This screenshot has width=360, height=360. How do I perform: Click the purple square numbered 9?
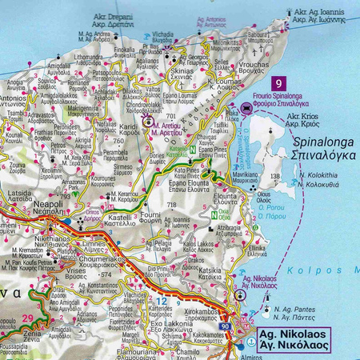click(x=278, y=83)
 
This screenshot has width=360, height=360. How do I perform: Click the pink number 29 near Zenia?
click(x=29, y=319)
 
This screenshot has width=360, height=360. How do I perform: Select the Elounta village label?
click(x=225, y=199)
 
